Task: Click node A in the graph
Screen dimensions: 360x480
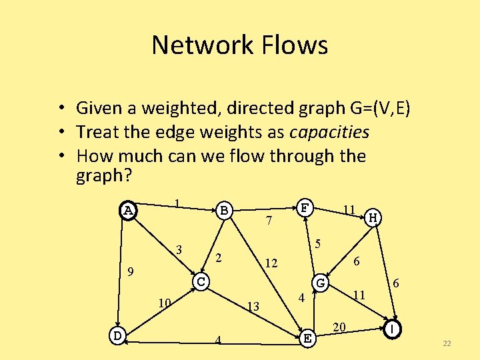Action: click(128, 210)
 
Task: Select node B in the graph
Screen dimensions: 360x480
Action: click(225, 210)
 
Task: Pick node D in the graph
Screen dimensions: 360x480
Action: click(117, 335)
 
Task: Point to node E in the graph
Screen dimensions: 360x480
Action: click(307, 337)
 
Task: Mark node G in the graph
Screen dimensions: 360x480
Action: click(321, 283)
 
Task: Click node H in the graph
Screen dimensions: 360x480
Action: click(374, 217)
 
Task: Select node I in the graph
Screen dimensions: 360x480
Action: click(394, 329)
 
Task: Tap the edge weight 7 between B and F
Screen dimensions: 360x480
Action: click(269, 221)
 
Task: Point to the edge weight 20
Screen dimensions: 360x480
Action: click(339, 327)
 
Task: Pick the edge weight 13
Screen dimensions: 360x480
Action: click(253, 307)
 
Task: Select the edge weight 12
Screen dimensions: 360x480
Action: click(270, 263)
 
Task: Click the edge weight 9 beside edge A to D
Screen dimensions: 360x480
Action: click(131, 272)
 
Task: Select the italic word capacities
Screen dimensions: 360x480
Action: click(329, 132)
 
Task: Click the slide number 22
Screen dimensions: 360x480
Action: click(447, 343)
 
